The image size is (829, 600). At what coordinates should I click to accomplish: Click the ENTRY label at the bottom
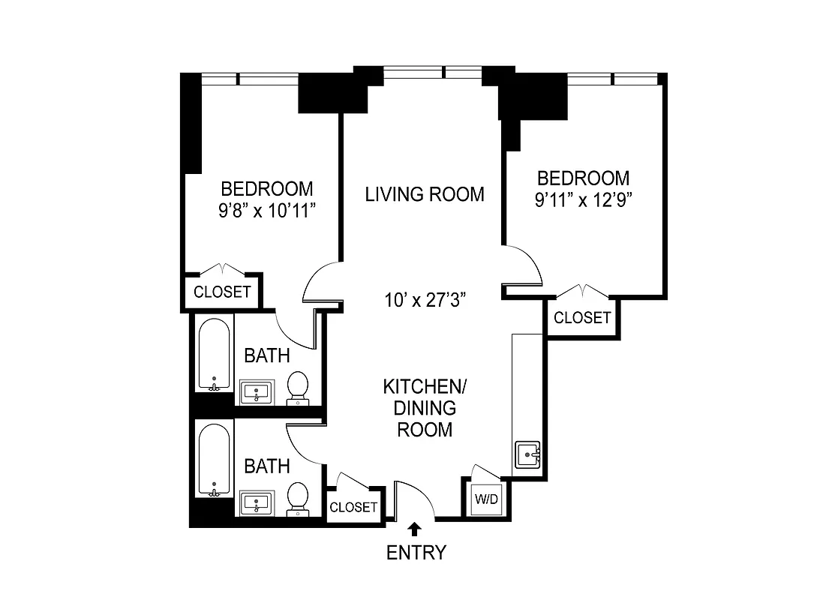click(416, 553)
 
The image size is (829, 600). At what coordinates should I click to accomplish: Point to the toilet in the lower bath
click(298, 497)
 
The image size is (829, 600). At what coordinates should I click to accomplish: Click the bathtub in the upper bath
click(215, 355)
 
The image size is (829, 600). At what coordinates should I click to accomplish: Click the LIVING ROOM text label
click(425, 194)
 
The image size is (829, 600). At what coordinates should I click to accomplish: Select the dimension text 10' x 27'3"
click(425, 300)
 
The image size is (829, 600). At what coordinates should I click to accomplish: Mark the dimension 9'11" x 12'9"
click(583, 201)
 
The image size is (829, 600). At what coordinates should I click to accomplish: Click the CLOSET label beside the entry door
click(353, 507)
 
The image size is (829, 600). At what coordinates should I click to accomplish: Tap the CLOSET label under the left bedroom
click(222, 292)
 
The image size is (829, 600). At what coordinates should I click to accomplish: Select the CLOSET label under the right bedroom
click(582, 317)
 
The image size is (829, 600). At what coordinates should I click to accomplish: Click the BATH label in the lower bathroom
click(267, 466)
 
